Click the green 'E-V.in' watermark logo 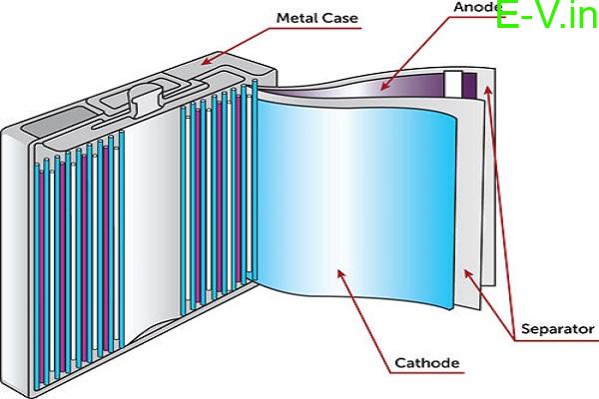(x=543, y=30)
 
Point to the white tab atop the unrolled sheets (x=454, y=85)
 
